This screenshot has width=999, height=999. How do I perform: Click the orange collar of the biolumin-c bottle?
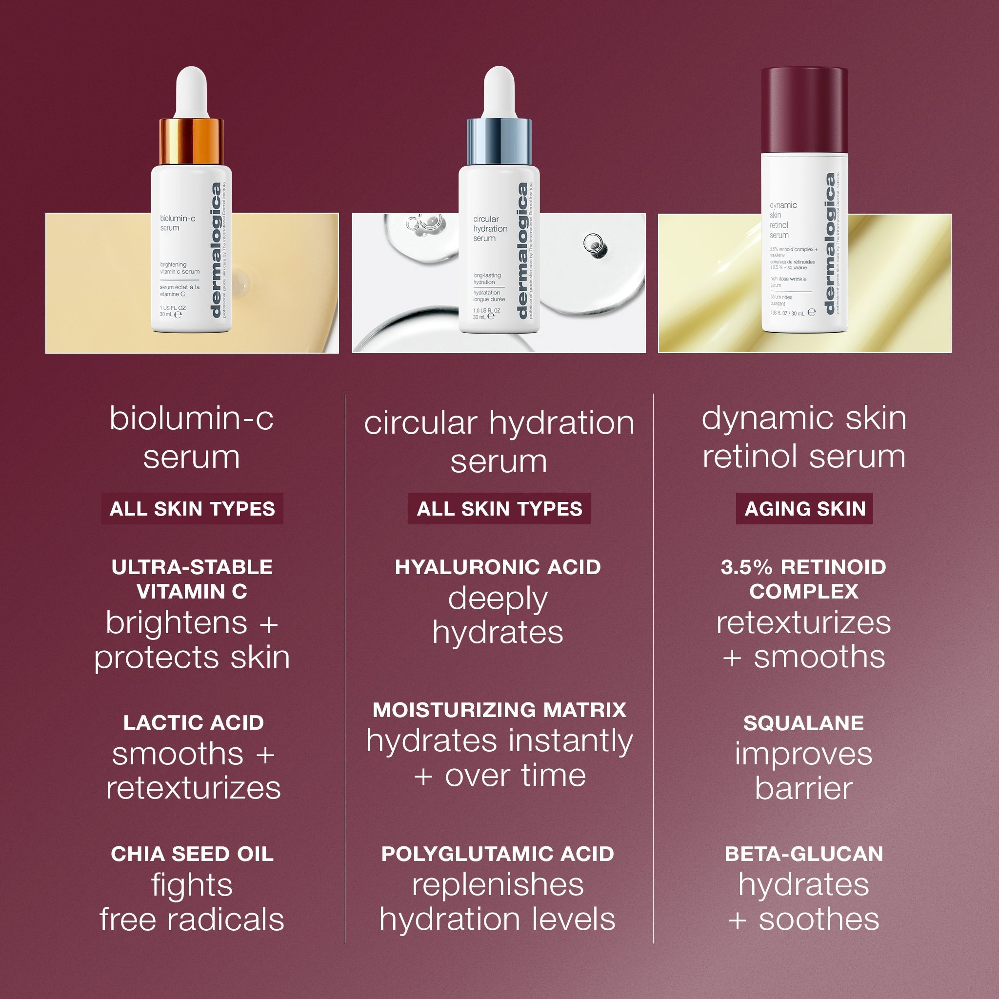(191, 140)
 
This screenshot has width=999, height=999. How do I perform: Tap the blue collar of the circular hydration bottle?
(499, 140)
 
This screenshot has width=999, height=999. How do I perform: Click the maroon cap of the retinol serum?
(804, 110)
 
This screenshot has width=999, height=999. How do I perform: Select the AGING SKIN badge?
(804, 509)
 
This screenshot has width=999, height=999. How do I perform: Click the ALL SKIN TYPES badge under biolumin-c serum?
(192, 509)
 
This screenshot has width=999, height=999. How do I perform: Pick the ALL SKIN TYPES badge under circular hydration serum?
(499, 509)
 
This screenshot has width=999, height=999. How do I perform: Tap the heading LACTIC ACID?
(193, 722)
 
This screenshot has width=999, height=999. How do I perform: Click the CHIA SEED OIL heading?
(192, 854)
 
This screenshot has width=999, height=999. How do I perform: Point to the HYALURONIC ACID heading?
(498, 567)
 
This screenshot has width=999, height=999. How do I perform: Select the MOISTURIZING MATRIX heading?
(499, 710)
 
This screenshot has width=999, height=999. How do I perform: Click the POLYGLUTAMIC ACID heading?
(498, 854)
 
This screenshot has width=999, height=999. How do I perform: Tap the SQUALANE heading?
(803, 723)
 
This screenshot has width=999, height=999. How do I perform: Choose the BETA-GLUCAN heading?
(803, 854)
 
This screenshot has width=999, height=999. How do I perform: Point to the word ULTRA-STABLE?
(192, 567)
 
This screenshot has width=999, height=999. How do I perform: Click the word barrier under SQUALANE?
(803, 789)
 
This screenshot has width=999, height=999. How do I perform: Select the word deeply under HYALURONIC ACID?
(498, 599)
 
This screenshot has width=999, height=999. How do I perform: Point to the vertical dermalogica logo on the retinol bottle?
(829, 243)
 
